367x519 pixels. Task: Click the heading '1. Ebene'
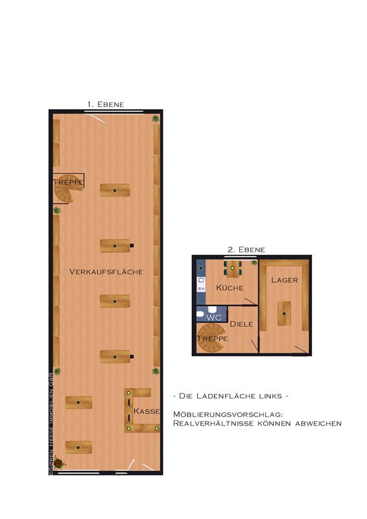(106, 104)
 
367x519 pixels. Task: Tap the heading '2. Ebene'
(246, 250)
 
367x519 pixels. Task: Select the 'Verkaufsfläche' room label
(106, 272)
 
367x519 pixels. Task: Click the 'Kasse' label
(147, 411)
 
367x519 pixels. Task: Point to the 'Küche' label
(230, 287)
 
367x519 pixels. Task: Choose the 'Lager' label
(285, 280)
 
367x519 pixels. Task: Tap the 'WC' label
(214, 318)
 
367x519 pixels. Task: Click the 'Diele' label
(242, 324)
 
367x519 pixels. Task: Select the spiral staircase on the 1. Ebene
(68, 189)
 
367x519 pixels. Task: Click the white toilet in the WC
(200, 313)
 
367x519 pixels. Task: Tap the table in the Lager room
(284, 313)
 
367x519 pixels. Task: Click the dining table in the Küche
(233, 269)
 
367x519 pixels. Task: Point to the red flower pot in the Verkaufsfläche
(58, 463)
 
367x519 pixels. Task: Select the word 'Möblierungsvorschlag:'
(228, 415)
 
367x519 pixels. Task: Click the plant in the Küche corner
(254, 263)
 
